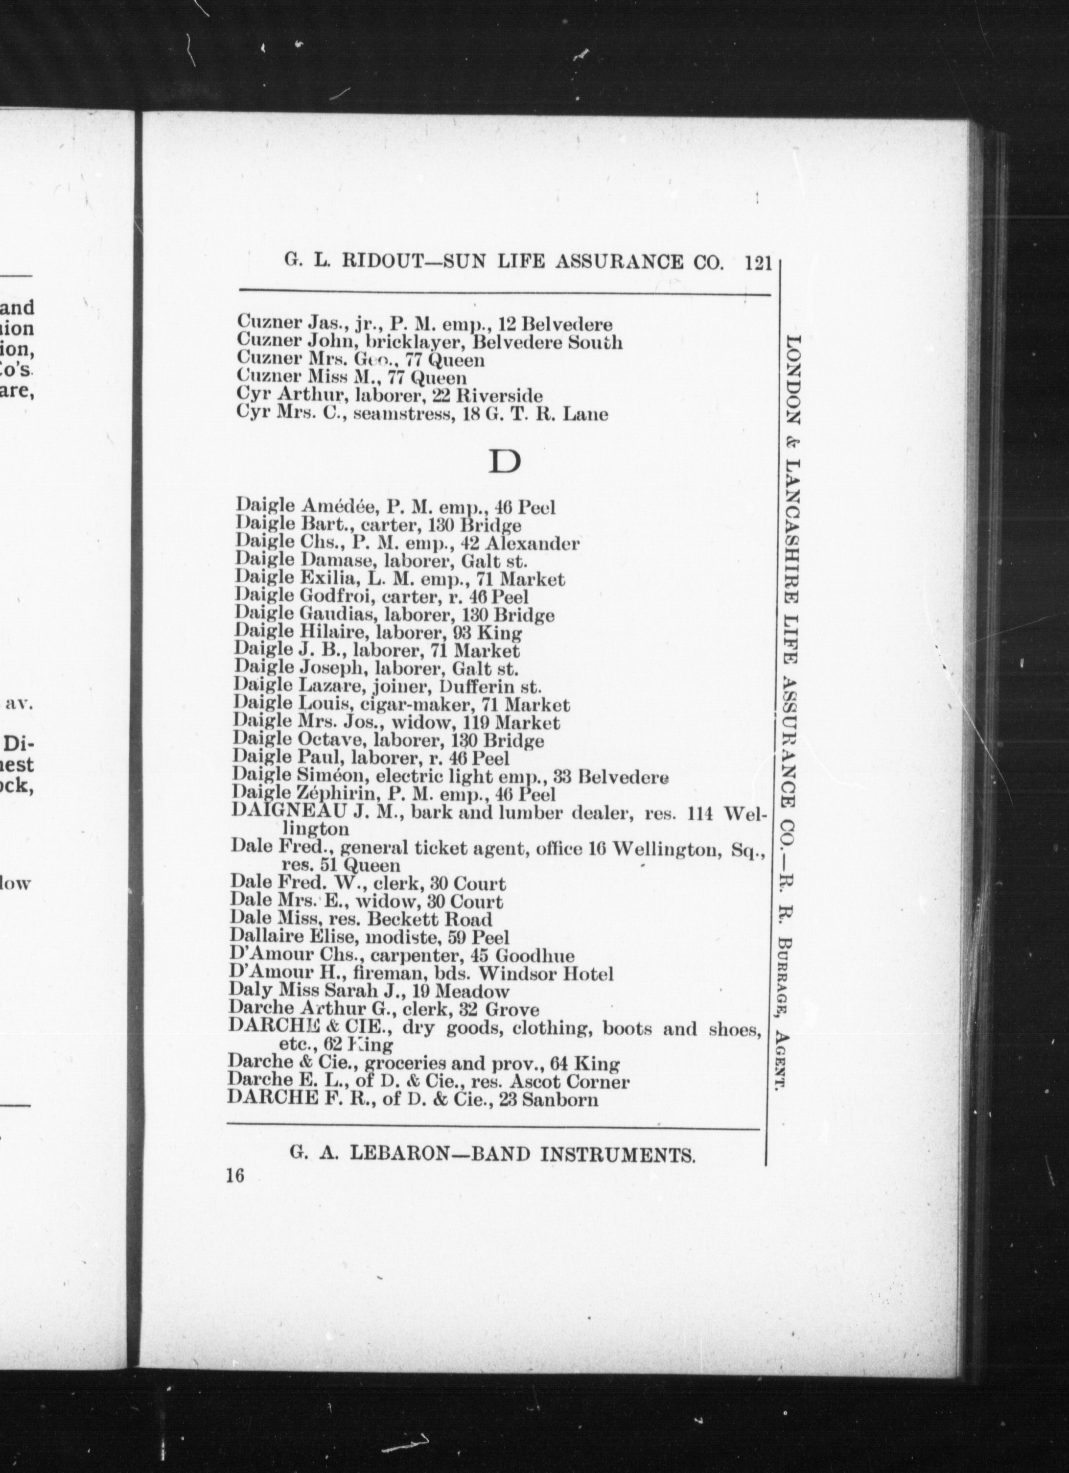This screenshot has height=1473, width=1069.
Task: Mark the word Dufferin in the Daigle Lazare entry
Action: coord(478,687)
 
